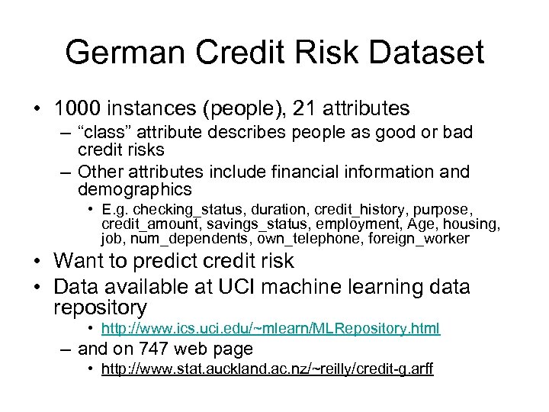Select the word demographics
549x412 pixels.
[x=134, y=189]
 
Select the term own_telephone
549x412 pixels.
[x=297, y=239]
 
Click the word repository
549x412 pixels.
[x=100, y=307]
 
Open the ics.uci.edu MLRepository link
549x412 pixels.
[x=271, y=329]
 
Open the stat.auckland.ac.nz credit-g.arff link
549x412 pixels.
[x=267, y=370]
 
